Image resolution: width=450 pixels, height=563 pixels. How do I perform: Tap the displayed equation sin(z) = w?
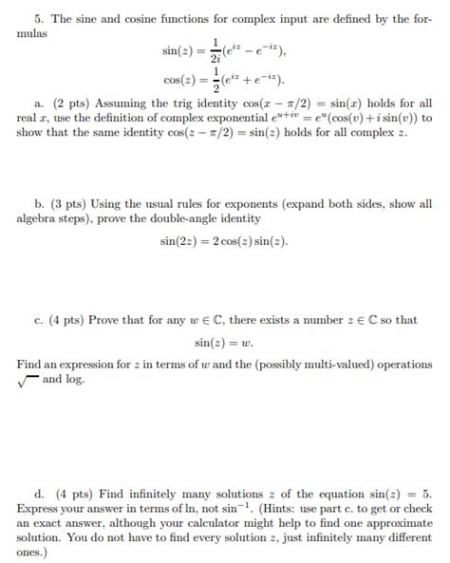click(225, 342)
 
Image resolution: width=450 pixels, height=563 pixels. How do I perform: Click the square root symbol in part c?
click(27, 379)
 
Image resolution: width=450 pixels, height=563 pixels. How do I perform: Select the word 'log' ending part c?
click(76, 379)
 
